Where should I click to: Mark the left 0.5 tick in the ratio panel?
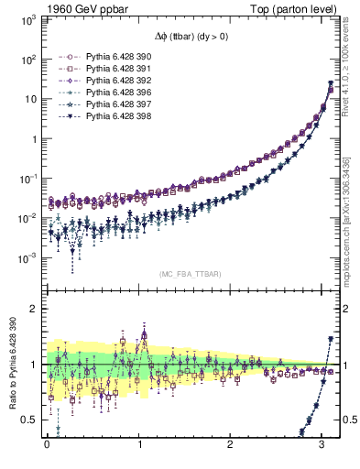(31, 420)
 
